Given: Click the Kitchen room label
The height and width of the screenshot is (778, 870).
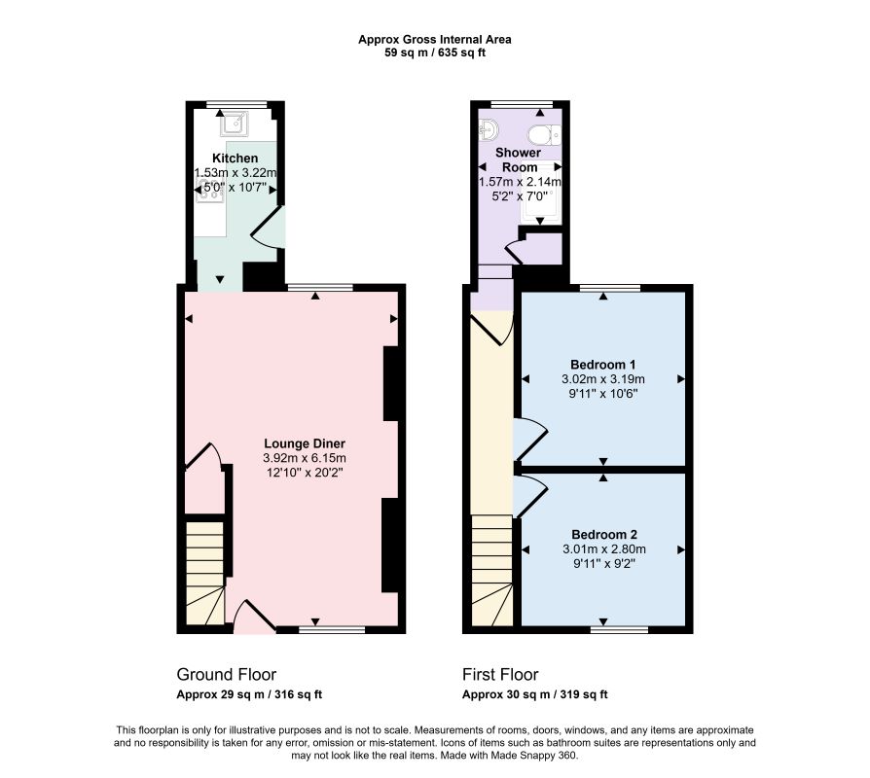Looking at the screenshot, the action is pyautogui.click(x=235, y=159).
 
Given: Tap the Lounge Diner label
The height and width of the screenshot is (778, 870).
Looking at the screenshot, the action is pyautogui.click(x=304, y=443).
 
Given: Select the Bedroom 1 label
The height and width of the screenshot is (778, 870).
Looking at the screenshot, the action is pyautogui.click(x=603, y=365).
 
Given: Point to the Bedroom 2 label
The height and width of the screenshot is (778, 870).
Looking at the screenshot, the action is pyautogui.click(x=604, y=535).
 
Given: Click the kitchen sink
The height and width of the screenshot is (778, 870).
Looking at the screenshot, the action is pyautogui.click(x=236, y=124).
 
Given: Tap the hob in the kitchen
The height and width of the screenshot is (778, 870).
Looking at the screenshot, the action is pyautogui.click(x=210, y=190).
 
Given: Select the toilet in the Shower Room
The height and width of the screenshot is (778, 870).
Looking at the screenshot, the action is pyautogui.click(x=545, y=134).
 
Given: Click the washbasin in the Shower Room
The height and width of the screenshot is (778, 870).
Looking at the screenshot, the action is pyautogui.click(x=489, y=130).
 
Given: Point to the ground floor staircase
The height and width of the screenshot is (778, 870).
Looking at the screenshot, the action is pyautogui.click(x=204, y=573).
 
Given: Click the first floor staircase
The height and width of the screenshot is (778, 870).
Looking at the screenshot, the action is pyautogui.click(x=491, y=571).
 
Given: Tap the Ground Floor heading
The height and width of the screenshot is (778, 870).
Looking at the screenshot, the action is pyautogui.click(x=227, y=674).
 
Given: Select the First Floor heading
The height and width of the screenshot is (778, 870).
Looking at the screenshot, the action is pyautogui.click(x=500, y=674).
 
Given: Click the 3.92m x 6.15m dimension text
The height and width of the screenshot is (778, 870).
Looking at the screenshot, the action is pyautogui.click(x=304, y=458).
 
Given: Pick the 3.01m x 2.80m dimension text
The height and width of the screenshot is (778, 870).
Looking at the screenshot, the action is pyautogui.click(x=604, y=549).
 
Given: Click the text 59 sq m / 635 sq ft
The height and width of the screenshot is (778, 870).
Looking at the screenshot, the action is pyautogui.click(x=435, y=53).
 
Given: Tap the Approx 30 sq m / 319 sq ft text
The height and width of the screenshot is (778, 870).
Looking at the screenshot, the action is pyautogui.click(x=535, y=694).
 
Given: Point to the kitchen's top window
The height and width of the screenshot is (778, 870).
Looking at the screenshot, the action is pyautogui.click(x=236, y=104).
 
